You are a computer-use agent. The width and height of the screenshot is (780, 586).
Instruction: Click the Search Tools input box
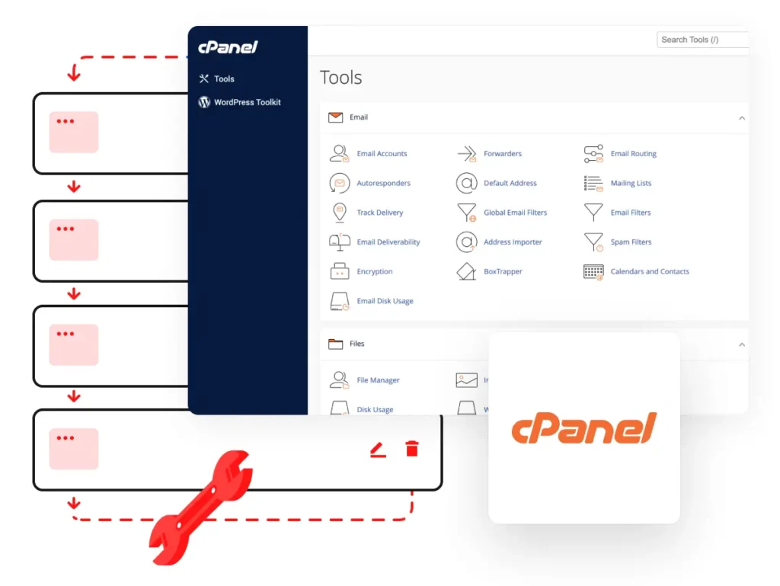702,40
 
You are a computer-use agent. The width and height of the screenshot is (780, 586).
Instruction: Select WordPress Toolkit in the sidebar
248,102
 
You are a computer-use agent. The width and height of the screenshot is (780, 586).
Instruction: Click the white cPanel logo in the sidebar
228,47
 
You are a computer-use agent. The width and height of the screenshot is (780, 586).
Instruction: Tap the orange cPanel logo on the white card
584,427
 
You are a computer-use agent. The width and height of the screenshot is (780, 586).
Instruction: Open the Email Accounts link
382,154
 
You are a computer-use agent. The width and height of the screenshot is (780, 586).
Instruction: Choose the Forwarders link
503,154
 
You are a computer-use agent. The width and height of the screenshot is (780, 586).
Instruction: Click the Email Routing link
633,154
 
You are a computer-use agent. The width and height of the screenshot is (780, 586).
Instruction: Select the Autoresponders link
384,183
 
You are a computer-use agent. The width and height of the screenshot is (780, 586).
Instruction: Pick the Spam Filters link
631,242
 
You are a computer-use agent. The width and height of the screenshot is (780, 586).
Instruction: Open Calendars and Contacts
650,271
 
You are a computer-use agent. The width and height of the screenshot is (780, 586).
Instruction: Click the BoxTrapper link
503,271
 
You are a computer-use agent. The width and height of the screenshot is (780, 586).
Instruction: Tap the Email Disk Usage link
385,301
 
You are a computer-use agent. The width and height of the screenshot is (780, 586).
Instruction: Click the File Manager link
378,380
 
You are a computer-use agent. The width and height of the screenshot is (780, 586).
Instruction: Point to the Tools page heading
340,78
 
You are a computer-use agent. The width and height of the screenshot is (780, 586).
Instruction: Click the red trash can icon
412,448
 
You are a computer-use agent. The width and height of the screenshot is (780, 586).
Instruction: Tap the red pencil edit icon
378,450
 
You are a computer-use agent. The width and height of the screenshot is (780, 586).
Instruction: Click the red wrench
201,508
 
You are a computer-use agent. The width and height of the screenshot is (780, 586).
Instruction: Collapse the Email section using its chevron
742,118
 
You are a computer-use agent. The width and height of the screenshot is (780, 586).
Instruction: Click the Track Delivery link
379,213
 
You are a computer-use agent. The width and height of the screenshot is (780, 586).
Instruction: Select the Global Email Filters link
516,213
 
